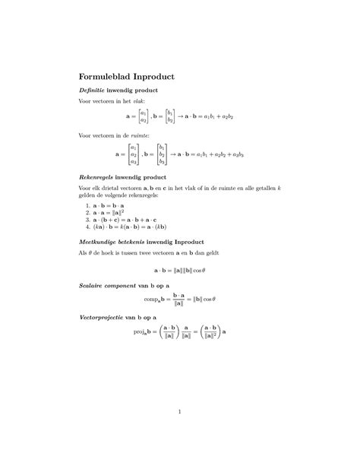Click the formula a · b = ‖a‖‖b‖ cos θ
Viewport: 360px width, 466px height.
tap(179, 270)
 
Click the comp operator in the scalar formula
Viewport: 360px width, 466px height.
tap(155, 300)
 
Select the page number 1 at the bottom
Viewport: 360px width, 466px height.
tap(179, 413)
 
